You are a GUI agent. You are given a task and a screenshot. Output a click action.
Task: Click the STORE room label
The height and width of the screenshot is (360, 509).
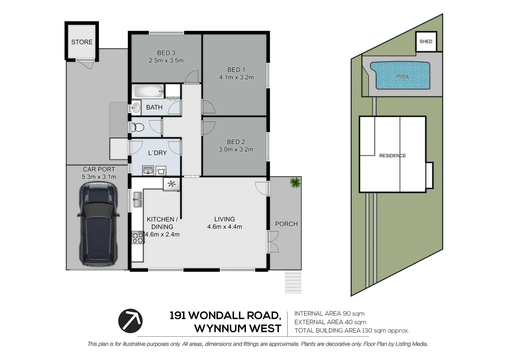82,42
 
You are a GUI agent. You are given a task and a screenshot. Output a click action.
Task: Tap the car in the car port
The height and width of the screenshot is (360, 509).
99,224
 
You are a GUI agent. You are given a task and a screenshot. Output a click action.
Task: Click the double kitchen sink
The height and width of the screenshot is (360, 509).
138,199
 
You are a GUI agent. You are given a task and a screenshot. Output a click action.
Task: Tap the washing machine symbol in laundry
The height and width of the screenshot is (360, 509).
161,171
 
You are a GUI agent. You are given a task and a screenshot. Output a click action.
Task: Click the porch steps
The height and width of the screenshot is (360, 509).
293,282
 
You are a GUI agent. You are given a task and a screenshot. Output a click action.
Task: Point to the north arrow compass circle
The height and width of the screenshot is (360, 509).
130,320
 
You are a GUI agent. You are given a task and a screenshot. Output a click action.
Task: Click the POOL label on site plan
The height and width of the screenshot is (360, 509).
403,76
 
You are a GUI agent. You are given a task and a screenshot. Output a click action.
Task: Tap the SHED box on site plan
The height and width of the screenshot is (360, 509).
426,42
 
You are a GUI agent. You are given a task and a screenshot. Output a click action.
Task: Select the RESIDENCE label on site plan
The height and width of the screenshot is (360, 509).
392,156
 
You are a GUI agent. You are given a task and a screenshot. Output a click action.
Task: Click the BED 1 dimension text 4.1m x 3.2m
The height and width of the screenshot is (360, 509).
236,78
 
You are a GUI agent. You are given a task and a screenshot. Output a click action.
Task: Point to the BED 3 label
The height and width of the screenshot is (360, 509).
166,53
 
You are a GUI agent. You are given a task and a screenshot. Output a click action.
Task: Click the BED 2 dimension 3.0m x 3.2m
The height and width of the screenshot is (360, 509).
236,150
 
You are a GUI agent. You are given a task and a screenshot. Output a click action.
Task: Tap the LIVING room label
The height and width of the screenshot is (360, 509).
225,219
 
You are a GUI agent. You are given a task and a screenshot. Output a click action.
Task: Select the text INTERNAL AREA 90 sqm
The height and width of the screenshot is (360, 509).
329,314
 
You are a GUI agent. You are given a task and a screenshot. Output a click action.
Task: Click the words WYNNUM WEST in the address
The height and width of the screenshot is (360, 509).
238,329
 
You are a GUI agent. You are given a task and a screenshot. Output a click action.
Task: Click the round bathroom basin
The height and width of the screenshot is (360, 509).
136,107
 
